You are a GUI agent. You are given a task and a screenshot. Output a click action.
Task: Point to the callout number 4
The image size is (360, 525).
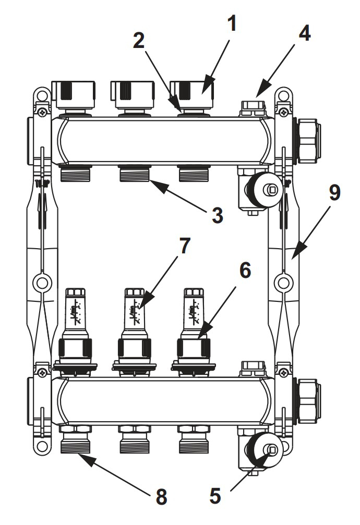pos(304,32)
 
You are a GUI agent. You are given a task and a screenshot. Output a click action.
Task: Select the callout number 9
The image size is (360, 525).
pos(334,193)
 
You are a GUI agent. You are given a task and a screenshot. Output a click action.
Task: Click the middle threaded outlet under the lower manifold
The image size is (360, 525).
pos(135,441)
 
